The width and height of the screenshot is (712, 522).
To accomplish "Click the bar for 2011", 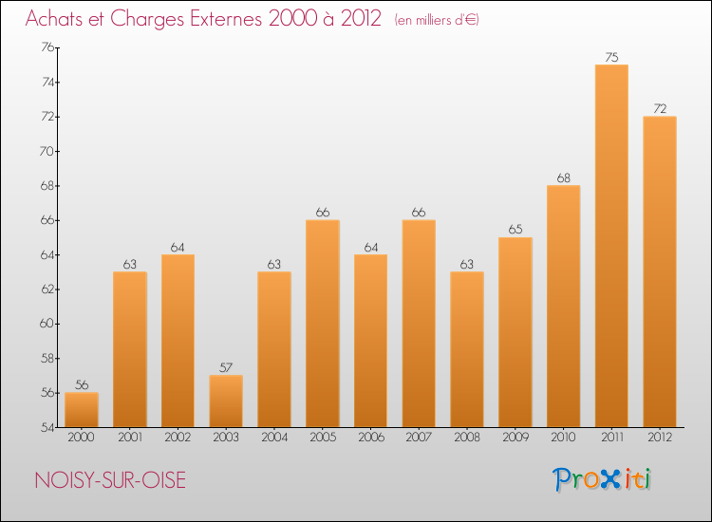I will (x=611, y=246).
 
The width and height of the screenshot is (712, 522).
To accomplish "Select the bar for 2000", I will (x=82, y=410).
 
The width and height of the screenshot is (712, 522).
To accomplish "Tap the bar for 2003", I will (x=226, y=401).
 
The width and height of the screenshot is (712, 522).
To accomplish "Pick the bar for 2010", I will (x=563, y=306).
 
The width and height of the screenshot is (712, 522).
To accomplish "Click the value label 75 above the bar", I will (x=611, y=56).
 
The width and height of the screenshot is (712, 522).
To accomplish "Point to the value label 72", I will (x=660, y=108).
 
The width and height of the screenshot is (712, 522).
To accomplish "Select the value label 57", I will (x=226, y=367).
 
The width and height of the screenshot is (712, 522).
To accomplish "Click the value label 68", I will (x=563, y=177).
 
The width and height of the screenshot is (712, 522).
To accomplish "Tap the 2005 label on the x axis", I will (x=323, y=438).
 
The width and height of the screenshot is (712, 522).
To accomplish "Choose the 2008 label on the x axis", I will (x=467, y=438).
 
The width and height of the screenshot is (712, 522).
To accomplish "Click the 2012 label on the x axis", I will (x=660, y=438).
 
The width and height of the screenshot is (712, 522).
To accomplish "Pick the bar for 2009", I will (x=515, y=332).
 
